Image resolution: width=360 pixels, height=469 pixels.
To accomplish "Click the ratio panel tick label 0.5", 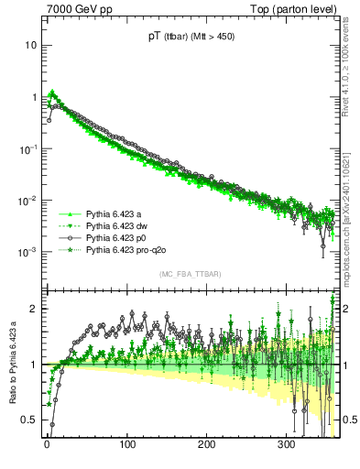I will point(31,420).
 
